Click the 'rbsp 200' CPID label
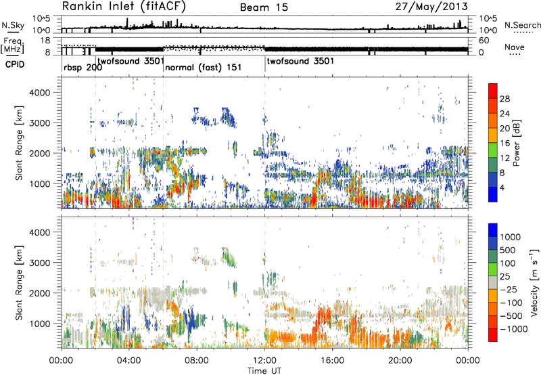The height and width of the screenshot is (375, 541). (x=83, y=69)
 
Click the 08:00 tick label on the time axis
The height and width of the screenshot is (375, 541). (x=197, y=360)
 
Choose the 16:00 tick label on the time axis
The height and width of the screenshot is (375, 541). (x=332, y=360)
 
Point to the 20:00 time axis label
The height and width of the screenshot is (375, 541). (x=400, y=360)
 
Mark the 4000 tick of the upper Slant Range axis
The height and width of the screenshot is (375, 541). (x=49, y=92)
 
